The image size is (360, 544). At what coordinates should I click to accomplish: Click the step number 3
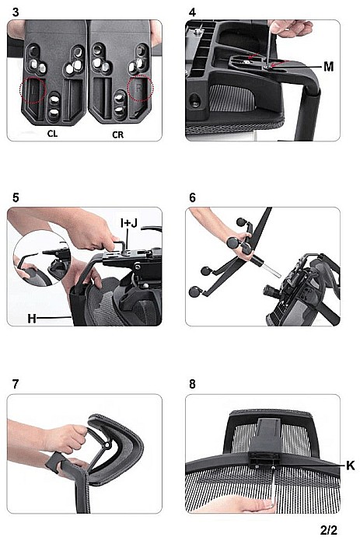coord(16,12)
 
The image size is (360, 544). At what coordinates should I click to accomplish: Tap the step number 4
coord(192,12)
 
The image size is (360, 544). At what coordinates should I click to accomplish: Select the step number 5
coord(16,197)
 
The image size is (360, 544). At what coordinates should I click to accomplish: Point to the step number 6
coord(192,197)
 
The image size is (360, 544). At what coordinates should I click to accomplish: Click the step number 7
coord(16,385)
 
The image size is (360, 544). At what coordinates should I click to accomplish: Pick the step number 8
coord(192,385)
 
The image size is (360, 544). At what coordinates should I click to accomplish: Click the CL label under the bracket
coord(52,134)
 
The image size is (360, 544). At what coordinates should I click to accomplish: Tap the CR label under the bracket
coord(117,134)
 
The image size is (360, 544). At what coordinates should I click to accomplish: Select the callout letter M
coord(328,66)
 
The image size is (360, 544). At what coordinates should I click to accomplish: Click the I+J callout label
coord(129,224)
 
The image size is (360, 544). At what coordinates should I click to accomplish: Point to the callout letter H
coord(32,319)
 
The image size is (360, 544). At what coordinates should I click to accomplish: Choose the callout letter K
coord(351,466)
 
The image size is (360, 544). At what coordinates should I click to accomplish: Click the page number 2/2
coord(328,530)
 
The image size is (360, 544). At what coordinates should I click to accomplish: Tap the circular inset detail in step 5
coord(42,259)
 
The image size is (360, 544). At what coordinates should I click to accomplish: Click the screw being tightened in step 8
coord(274,467)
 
